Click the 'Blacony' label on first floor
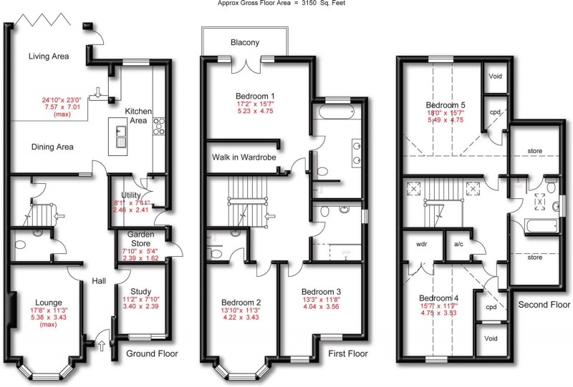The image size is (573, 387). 245,42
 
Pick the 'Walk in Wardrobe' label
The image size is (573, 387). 244,157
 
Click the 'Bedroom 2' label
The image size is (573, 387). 241,303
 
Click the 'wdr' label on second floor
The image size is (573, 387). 421,243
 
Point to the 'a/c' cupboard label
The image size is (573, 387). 460,243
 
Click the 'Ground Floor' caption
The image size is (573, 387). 152,353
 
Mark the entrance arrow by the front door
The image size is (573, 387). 100,348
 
